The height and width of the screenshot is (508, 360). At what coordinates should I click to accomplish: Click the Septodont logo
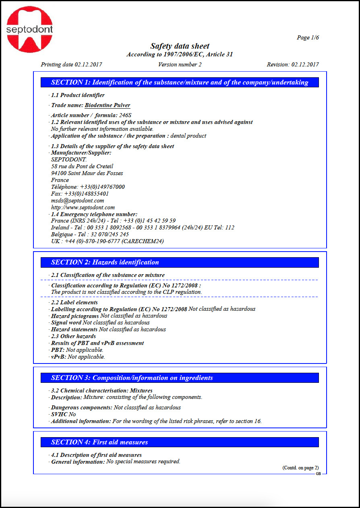pos(29,29)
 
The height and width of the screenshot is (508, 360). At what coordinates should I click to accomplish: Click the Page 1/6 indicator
pos(308,37)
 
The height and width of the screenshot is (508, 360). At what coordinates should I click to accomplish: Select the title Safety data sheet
pos(180,46)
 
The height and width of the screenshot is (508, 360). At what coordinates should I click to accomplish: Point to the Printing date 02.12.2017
pos(71,64)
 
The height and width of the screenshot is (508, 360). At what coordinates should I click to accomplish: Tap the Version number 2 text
pos(180,64)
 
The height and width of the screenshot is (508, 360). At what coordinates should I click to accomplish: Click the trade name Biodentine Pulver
pos(107,105)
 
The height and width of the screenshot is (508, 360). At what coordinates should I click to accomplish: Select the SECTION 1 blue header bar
pos(180,83)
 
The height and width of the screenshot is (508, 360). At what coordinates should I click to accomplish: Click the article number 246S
pos(125,116)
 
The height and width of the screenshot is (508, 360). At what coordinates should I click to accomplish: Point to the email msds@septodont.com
pos(77,200)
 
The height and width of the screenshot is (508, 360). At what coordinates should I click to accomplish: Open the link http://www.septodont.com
pos(83,207)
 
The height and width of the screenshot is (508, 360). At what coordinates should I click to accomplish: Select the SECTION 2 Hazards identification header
pos(180,262)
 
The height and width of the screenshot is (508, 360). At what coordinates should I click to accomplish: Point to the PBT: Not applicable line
pos(77,350)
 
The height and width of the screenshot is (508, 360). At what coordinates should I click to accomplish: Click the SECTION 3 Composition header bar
pos(180,378)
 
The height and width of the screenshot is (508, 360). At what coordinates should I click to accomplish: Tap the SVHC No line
pos(63,414)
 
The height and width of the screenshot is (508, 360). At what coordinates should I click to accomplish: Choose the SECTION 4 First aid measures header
pos(180,442)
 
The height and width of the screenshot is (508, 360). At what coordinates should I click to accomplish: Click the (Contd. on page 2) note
pos(300,468)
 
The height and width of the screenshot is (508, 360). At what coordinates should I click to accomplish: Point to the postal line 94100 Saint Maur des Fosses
pos(87,173)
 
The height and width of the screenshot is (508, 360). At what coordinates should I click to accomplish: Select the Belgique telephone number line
pos(90,234)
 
